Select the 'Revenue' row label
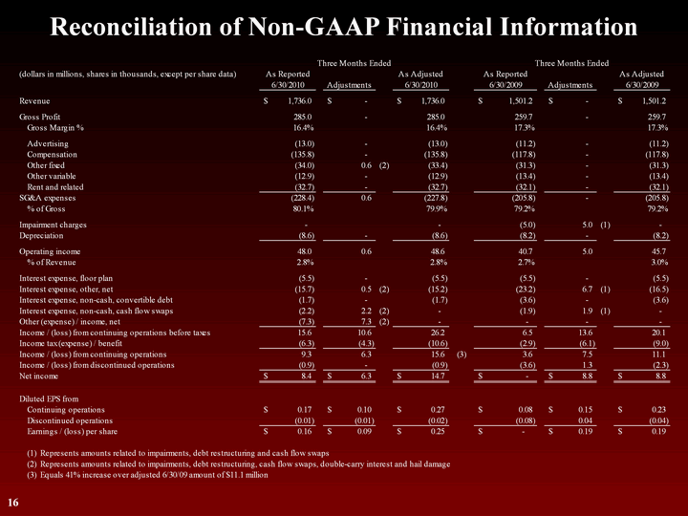point(35,99)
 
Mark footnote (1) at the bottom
point(166,452)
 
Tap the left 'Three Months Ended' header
point(350,63)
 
